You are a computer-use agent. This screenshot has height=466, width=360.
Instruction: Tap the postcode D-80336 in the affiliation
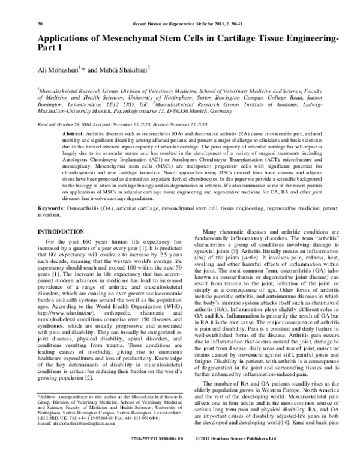[185, 111]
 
